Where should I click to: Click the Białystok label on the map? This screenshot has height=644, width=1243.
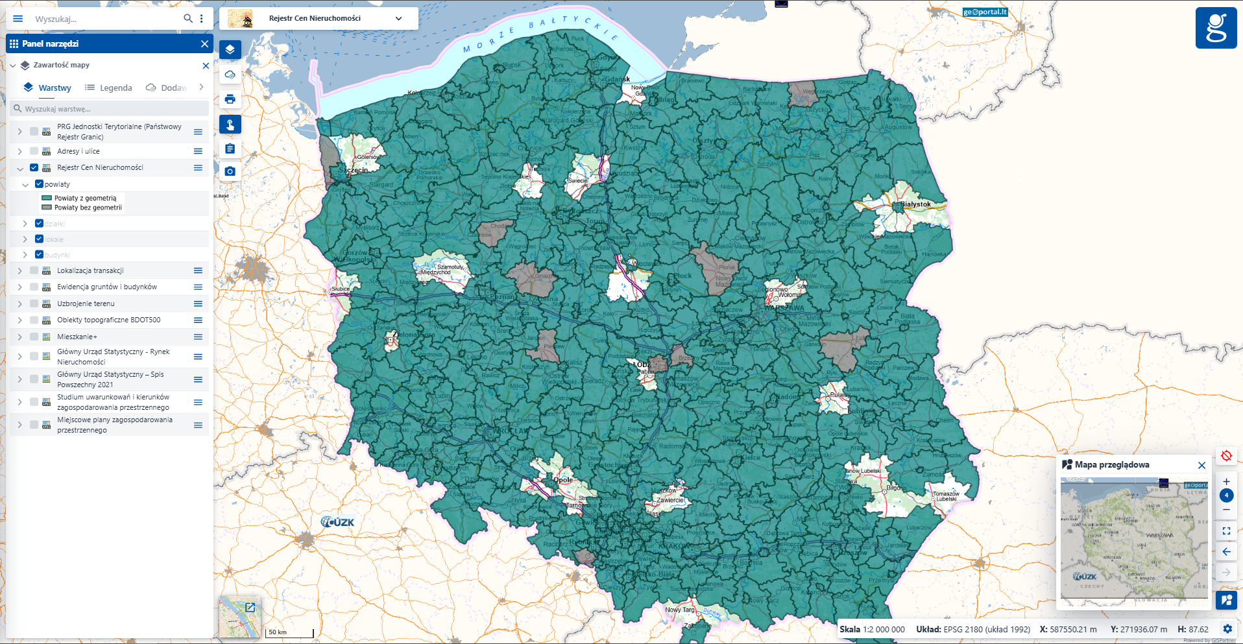tap(915, 204)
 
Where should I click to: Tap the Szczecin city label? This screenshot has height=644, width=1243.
tap(353, 170)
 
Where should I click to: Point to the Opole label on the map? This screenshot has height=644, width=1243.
tap(563, 480)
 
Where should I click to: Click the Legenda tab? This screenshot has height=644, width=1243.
tap(108, 88)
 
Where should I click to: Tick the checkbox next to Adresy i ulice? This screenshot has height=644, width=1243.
tap(34, 151)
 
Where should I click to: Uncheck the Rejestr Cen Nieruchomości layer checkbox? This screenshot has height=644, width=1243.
tap(34, 167)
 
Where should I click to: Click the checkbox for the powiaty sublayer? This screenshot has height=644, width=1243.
tap(39, 184)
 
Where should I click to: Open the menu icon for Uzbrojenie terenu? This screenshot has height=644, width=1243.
tap(198, 304)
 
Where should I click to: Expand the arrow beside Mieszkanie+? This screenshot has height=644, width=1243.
tap(19, 337)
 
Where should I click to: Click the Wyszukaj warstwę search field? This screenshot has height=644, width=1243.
tap(110, 109)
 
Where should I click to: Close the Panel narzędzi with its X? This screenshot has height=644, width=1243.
tap(205, 43)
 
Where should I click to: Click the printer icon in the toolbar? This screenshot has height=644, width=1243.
tap(230, 99)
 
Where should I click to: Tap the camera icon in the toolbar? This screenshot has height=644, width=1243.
tap(230, 172)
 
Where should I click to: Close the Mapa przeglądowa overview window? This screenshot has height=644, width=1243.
tap(1201, 465)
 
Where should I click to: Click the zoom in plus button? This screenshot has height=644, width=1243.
tap(1226, 481)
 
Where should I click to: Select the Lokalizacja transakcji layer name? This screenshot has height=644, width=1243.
tap(90, 270)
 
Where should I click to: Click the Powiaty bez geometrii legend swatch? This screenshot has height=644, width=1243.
tap(47, 208)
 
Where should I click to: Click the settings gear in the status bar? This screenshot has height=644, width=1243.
tap(1227, 629)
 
